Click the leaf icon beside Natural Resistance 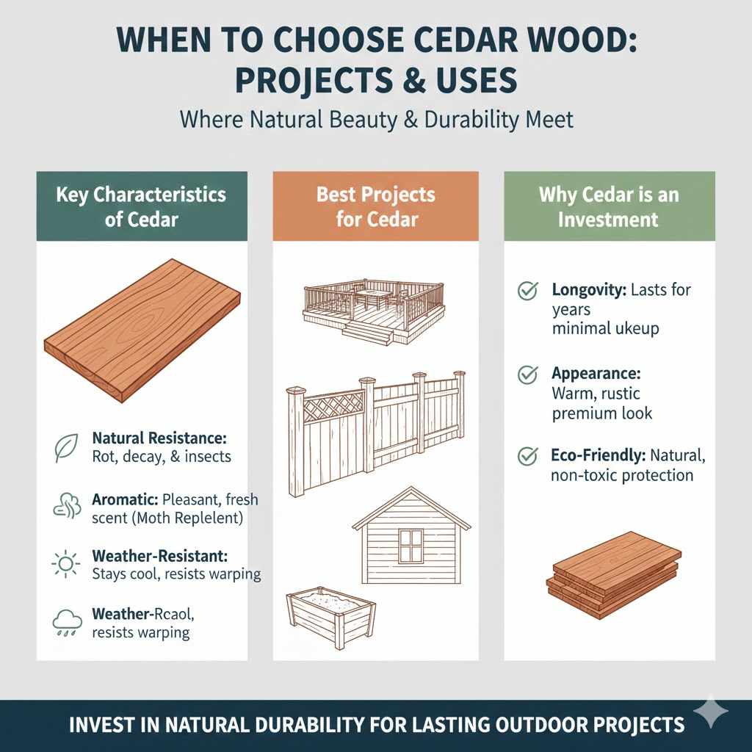click(x=65, y=447)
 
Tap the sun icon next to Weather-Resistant click(x=66, y=564)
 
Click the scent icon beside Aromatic click(x=65, y=507)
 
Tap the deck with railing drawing click(x=374, y=310)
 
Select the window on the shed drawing click(x=411, y=545)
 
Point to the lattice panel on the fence click(x=333, y=407)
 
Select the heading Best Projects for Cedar click(x=375, y=206)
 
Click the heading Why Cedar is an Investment click(x=609, y=206)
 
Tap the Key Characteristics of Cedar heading click(x=141, y=206)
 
